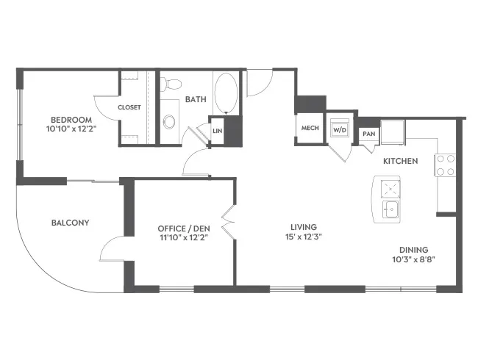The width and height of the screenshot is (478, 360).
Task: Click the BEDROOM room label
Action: click(x=71, y=120)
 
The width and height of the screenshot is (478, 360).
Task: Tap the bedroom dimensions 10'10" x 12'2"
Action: click(x=71, y=129)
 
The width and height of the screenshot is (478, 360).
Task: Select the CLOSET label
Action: click(x=129, y=107)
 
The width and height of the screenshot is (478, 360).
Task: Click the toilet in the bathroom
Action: click(x=171, y=84)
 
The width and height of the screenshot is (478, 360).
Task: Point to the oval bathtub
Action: click(x=226, y=93)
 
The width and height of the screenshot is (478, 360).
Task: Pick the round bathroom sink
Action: click(x=169, y=122)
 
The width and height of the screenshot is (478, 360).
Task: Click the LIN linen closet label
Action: click(x=218, y=131)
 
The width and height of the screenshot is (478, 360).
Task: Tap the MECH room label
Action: click(x=310, y=128)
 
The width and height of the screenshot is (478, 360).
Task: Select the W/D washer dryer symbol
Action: click(x=340, y=130)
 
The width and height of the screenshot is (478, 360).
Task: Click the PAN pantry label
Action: click(x=369, y=134)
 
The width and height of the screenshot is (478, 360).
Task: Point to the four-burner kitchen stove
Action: click(x=446, y=165)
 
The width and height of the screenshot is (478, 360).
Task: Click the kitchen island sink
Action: click(x=390, y=209)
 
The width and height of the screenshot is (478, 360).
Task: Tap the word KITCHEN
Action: click(x=400, y=161)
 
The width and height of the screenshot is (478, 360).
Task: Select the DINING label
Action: click(x=414, y=250)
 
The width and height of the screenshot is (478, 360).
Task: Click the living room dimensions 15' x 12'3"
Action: click(x=304, y=237)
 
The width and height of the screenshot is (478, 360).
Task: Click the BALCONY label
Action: click(x=71, y=223)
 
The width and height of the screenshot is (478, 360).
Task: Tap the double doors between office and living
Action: click(x=229, y=221)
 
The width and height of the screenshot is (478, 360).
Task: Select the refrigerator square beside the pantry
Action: click(x=393, y=132)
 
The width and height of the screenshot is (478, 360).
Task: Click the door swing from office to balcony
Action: click(x=107, y=242)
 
